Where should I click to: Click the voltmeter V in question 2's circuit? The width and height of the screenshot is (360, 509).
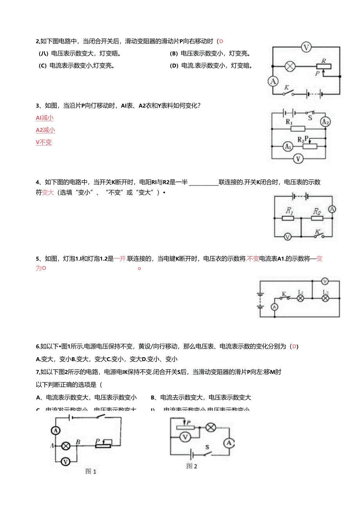pyautogui.click(x=306, y=48)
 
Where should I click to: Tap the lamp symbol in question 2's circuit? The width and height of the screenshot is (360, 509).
pyautogui.click(x=290, y=66)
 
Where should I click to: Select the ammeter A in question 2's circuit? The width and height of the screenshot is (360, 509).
pyautogui.click(x=273, y=81)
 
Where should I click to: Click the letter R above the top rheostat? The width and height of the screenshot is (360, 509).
pyautogui.click(x=324, y=61)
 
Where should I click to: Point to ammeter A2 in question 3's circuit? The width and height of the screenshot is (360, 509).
pyautogui.click(x=325, y=122)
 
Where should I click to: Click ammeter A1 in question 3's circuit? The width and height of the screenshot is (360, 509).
pyautogui.click(x=288, y=147)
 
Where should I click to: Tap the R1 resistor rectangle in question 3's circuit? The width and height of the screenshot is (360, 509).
pyautogui.click(x=298, y=129)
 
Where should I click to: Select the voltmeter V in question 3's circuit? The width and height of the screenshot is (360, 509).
pyautogui.click(x=299, y=158)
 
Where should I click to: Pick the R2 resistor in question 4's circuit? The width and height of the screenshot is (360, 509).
pyautogui.click(x=317, y=218)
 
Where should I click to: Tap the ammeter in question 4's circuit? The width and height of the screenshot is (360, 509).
pyautogui.click(x=332, y=209)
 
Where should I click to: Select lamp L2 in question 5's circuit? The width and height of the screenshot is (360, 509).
pyautogui.click(x=324, y=298)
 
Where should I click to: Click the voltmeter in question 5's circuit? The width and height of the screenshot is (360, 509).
pyautogui.click(x=324, y=281)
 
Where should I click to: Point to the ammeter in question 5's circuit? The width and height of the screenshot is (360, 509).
pyautogui.click(x=274, y=307)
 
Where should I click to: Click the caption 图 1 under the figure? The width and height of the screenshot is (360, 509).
pyautogui.click(x=90, y=471)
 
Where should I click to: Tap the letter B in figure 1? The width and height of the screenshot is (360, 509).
pyautogui.click(x=78, y=442)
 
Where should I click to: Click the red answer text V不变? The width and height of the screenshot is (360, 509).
pyautogui.click(x=44, y=142)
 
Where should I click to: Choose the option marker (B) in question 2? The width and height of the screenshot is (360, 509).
pyautogui.click(x=174, y=54)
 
